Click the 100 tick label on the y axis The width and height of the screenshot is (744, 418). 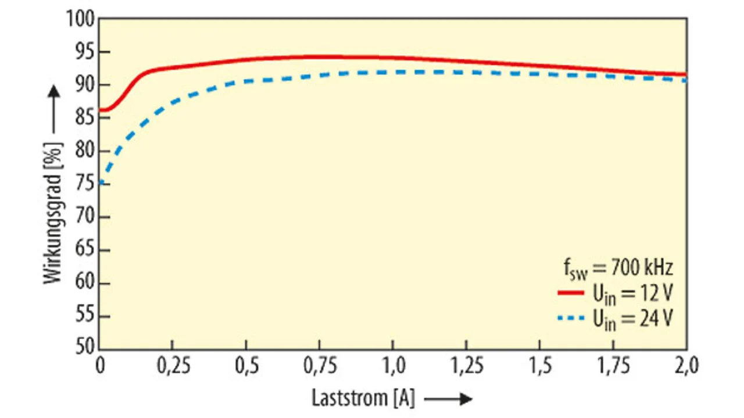(80, 19)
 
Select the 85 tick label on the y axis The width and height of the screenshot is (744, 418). (85, 118)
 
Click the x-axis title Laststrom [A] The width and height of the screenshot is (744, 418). (363, 398)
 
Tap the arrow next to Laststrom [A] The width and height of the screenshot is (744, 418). (448, 399)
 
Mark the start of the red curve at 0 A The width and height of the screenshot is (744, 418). (101, 110)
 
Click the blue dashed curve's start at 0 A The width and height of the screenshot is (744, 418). (101, 184)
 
